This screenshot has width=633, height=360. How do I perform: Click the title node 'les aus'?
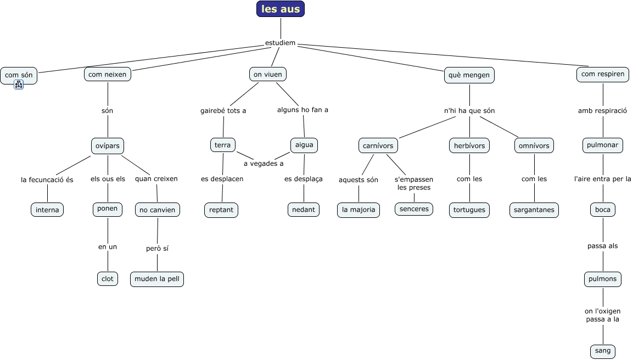click(281, 9)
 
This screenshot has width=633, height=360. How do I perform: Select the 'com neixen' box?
click(108, 74)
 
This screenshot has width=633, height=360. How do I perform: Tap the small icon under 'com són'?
click(19, 85)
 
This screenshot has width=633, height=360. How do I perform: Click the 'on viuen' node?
click(268, 74)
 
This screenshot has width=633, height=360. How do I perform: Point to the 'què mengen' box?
click(469, 75)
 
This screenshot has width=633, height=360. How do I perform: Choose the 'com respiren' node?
click(603, 74)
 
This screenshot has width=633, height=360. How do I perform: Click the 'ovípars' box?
click(108, 145)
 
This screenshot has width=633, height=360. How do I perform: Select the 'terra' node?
click(222, 145)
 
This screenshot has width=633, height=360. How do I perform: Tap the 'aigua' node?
click(304, 145)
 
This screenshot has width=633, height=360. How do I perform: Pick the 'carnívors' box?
click(378, 145)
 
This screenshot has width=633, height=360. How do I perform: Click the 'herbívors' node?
click(469, 145)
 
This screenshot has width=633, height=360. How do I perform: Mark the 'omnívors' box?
click(534, 145)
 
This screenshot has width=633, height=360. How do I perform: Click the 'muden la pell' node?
click(157, 279)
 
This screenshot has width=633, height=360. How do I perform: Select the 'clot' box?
click(108, 278)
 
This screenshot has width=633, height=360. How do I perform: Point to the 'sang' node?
click(603, 351)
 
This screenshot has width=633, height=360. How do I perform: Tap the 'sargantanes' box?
click(534, 210)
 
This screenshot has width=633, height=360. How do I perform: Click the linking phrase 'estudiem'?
click(280, 43)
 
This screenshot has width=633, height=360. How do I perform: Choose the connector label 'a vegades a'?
click(264, 164)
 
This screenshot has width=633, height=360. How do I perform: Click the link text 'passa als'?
click(603, 246)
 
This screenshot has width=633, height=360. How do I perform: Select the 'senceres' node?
click(414, 209)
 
